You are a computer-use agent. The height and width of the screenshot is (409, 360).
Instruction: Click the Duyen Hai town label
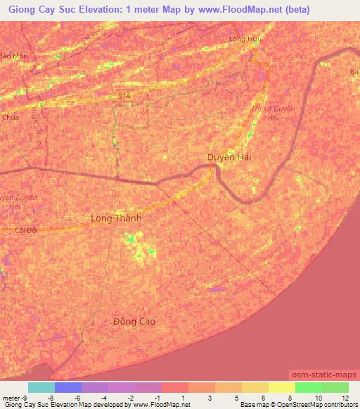[x=229, y=157]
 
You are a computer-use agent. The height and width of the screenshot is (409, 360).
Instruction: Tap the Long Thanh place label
[x=116, y=219]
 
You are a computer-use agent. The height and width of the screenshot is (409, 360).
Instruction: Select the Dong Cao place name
[x=134, y=321]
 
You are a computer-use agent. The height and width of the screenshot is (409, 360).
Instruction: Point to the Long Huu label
[x=245, y=39]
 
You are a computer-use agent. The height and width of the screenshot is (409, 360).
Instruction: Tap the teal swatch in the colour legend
[x=41, y=387]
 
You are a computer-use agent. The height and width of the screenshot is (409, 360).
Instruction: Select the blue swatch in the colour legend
[x=68, y=387]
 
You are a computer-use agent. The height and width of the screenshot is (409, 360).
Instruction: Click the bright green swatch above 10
[x=308, y=387]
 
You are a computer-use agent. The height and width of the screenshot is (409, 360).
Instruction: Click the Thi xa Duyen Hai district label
[x=264, y=114]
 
